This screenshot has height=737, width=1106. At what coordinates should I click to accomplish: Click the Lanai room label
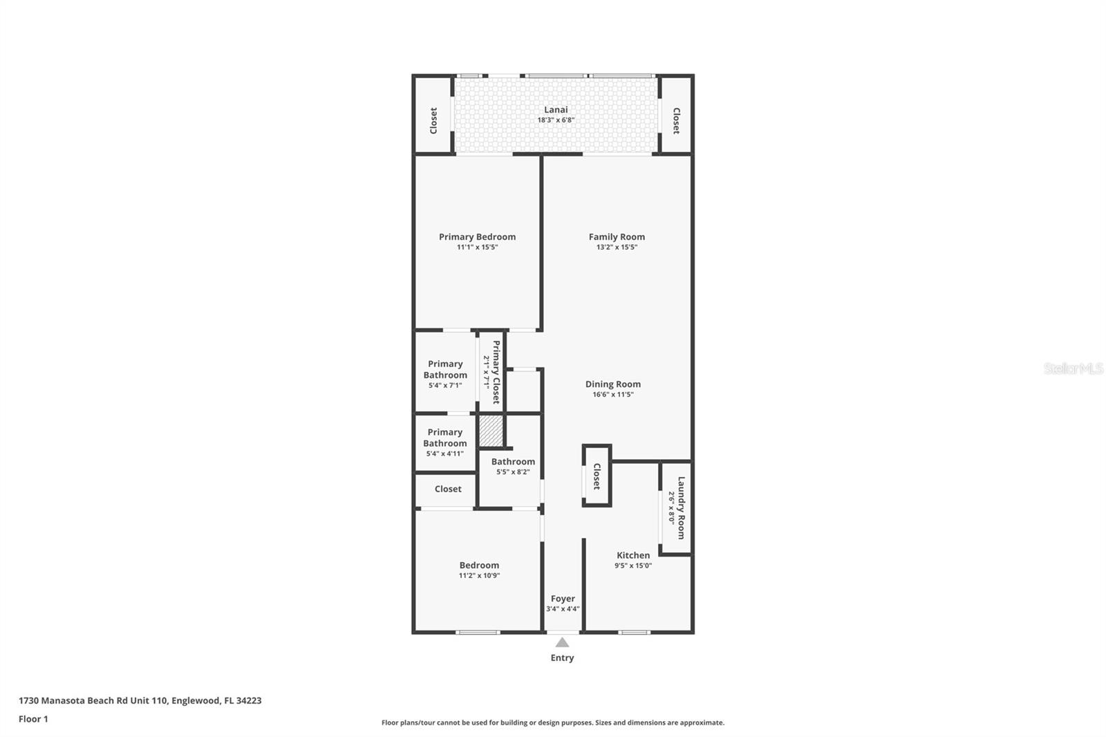556,109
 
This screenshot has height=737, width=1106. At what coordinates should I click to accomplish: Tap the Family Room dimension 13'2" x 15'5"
617,247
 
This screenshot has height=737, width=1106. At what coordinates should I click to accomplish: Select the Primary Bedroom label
477,236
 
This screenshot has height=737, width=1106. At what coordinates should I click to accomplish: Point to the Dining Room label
612,384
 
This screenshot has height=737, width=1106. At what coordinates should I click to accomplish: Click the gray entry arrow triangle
562,642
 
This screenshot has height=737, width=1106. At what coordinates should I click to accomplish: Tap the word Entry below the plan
562,657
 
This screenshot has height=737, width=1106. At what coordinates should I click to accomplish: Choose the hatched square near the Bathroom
491,431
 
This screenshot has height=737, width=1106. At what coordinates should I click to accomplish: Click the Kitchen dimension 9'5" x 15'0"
632,566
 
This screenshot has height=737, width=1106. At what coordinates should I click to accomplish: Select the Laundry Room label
681,507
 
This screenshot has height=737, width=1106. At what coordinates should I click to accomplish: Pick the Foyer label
563,599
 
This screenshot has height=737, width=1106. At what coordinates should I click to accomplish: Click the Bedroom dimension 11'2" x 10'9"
479,575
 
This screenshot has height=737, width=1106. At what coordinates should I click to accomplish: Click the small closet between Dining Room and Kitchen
597,476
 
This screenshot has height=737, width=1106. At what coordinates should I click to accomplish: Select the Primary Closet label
496,372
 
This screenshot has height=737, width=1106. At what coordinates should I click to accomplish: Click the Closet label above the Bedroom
448,489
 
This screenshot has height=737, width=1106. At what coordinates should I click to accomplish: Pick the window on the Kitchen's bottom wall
634,632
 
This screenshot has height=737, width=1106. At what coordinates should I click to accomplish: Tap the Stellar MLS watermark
1073,368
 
